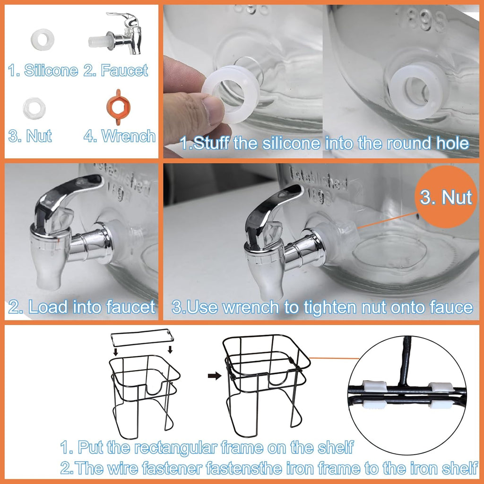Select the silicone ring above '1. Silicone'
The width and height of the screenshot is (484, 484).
[x=43, y=38]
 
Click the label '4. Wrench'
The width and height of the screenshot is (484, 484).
[x=120, y=136]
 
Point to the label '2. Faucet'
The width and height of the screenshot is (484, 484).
[x=116, y=71]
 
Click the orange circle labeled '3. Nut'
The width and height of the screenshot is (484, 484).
[x=446, y=197]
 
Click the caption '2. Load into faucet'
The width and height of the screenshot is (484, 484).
[x=81, y=307]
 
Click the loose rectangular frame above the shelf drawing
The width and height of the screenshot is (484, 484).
[x=142, y=337]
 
